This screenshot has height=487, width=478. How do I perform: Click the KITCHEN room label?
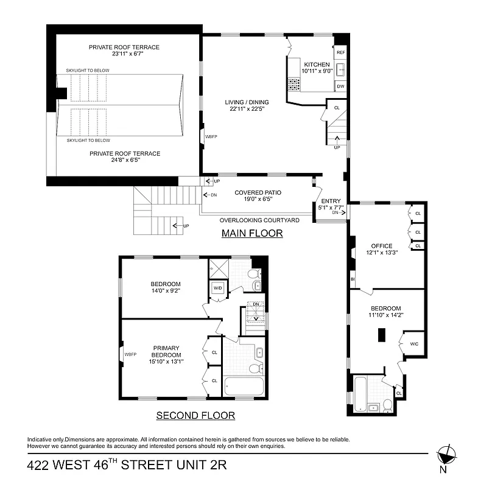tap(316, 64)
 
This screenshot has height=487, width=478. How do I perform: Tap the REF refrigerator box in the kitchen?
tap(340, 53)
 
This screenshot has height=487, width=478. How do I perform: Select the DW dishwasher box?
tap(340, 86)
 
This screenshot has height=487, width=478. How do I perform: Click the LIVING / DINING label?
tap(247, 102)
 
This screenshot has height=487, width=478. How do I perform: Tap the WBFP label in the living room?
tap(211, 137)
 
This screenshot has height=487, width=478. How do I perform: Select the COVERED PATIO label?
tap(258, 192)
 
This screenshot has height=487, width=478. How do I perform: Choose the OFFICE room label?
tap(381, 246)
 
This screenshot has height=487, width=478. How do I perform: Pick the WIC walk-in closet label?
tap(414, 344)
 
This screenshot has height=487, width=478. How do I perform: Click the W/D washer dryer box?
tap(217, 288)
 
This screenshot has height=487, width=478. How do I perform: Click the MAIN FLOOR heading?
tap(251, 233)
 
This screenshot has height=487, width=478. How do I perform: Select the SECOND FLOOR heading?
tap(195, 416)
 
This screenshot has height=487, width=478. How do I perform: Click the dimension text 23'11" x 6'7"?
tap(124, 54)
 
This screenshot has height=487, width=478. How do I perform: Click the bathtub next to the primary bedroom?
tap(244, 387)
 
